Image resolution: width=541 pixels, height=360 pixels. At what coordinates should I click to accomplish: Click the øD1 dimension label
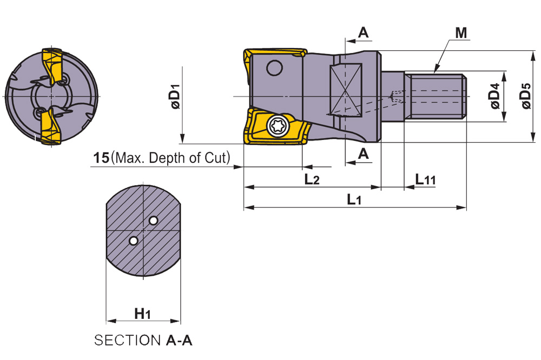click(x=175, y=96)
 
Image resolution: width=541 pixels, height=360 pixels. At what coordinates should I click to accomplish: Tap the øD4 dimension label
click(x=495, y=96)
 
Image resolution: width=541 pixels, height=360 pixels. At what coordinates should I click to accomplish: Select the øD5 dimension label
click(x=526, y=96)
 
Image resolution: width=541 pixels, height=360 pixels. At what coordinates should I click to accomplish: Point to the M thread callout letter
click(x=461, y=33)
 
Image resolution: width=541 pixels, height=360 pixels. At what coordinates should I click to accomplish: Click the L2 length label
click(x=312, y=179)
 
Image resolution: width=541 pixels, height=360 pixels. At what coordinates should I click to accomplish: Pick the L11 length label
click(x=425, y=179)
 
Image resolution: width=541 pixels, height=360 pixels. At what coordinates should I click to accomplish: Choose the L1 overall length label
click(x=354, y=199)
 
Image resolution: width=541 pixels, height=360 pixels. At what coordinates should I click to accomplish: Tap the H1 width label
click(x=142, y=314)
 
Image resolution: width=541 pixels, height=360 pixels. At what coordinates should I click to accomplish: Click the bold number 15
click(x=102, y=158)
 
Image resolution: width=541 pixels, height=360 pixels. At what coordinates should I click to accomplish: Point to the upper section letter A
click(x=363, y=32)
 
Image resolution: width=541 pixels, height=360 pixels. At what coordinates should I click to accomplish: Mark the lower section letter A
click(x=363, y=154)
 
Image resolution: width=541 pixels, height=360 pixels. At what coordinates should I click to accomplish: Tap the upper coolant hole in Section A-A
click(x=153, y=220)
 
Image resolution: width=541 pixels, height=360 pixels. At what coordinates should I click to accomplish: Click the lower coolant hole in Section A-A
click(x=133, y=241)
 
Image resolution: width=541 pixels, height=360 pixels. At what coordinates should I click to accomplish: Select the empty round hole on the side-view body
click(x=275, y=68)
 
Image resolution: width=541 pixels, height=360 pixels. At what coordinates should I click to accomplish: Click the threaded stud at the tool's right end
click(x=436, y=96)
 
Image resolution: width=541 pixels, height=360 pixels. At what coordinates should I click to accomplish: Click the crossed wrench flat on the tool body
click(x=346, y=90)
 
